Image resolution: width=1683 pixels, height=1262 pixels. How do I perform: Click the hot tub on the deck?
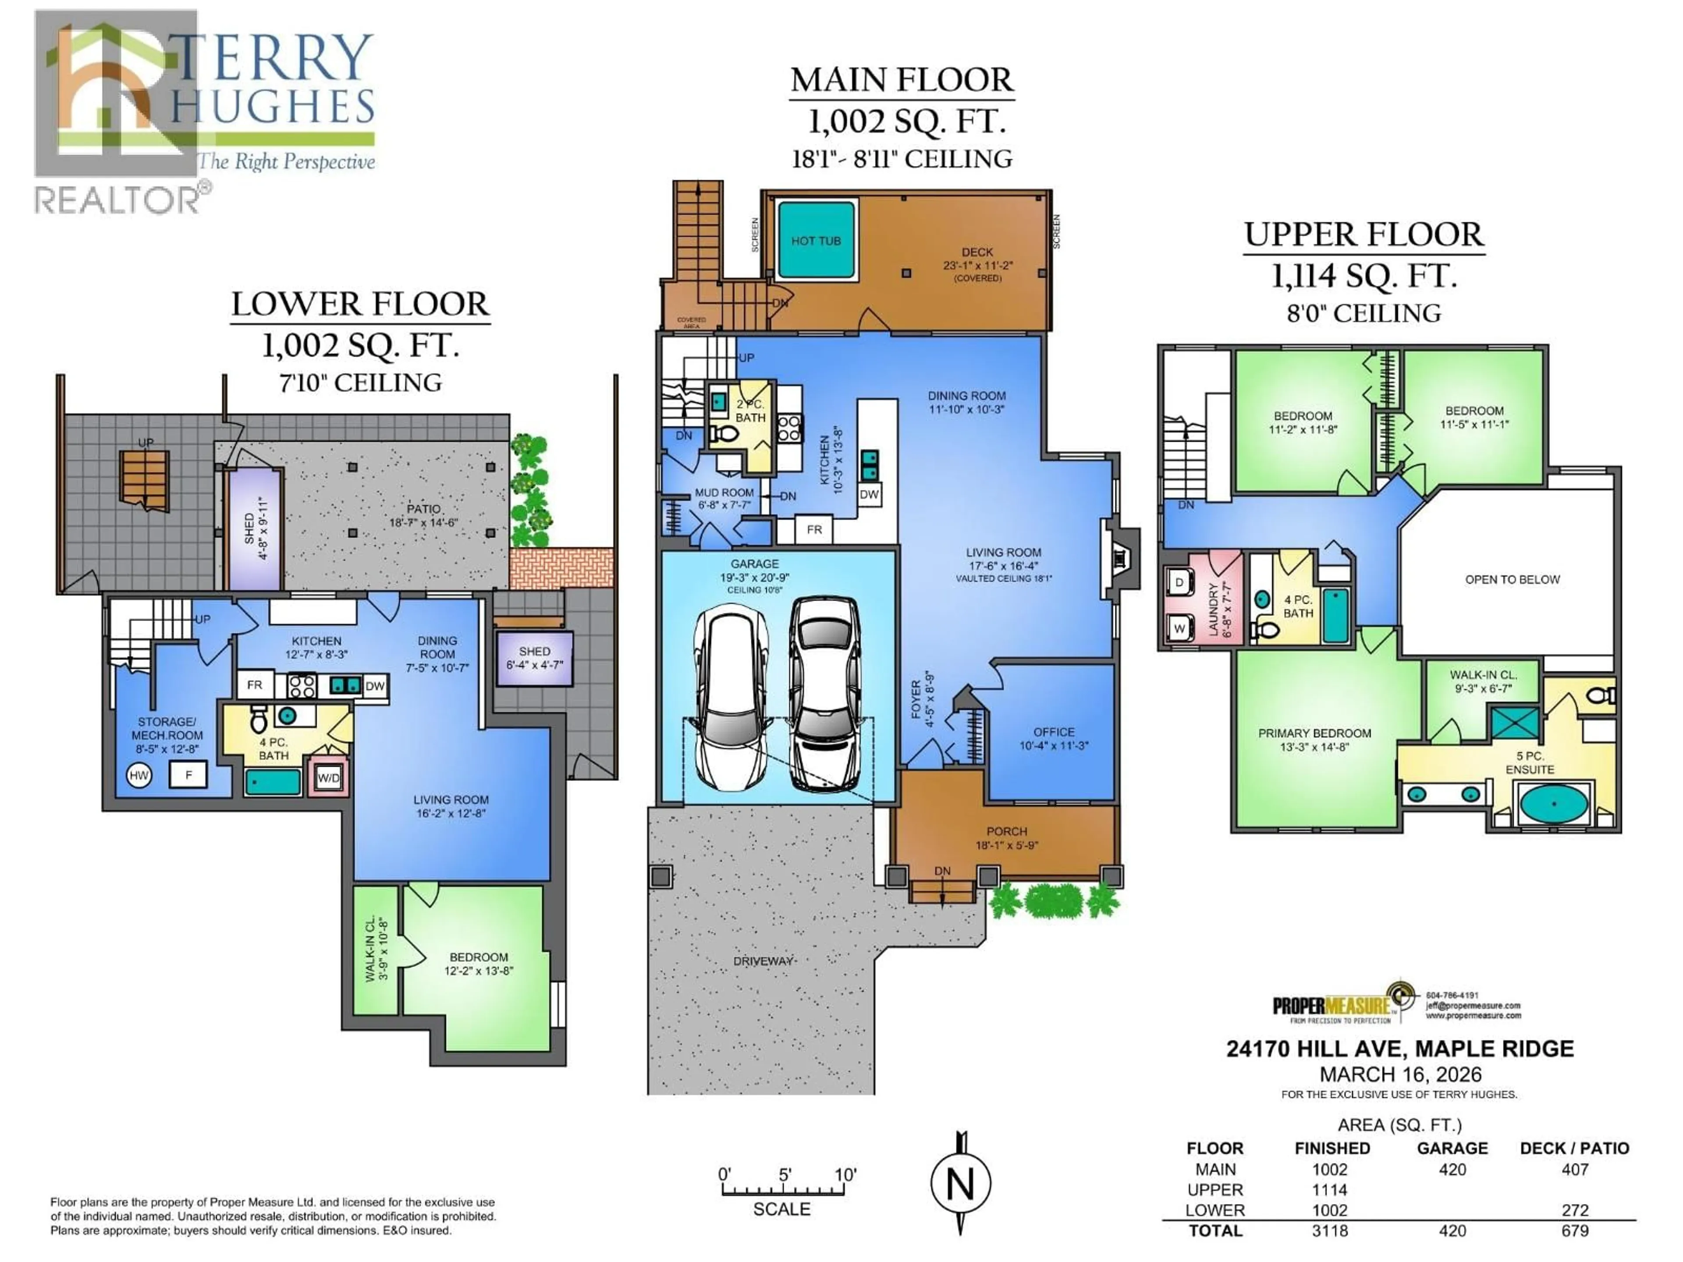[816, 240]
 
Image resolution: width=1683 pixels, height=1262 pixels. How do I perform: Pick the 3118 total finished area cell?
[1330, 1231]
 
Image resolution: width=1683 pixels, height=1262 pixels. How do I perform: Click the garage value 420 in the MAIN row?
[1452, 1169]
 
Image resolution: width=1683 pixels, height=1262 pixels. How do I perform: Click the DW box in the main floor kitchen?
[869, 494]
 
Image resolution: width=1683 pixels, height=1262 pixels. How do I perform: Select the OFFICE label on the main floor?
[1054, 732]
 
